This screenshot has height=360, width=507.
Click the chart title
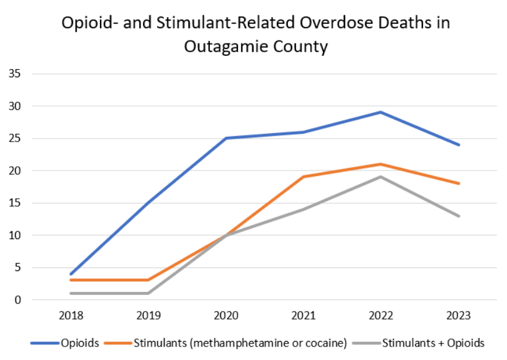click(x=255, y=34)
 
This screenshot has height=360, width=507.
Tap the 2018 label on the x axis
click(x=72, y=316)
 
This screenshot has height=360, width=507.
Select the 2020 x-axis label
click(x=226, y=316)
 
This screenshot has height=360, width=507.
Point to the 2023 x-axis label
click(x=458, y=316)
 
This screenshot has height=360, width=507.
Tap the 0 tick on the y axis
click(x=18, y=300)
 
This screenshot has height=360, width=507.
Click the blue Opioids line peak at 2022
click(x=381, y=112)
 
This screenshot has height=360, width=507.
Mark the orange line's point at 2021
click(x=304, y=177)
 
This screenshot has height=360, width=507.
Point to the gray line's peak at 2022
click(x=381, y=177)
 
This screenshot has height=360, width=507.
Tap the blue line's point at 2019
click(x=149, y=202)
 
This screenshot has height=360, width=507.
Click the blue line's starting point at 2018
click(x=72, y=274)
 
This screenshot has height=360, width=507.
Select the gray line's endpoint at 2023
click(x=458, y=216)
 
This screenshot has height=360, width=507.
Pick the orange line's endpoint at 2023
click(x=458, y=183)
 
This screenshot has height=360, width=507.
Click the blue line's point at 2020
click(x=226, y=138)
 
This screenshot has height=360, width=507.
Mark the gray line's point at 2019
click(x=149, y=293)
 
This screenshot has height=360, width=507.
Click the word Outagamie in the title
click(x=226, y=46)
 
